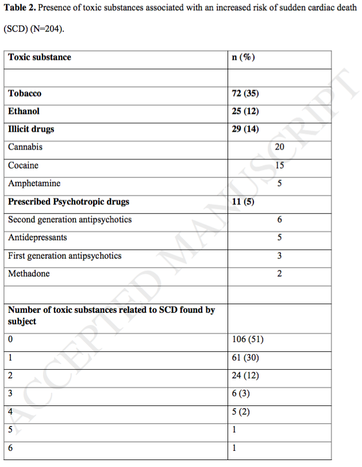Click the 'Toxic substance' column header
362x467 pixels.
(40, 58)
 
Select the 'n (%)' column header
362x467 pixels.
(244, 58)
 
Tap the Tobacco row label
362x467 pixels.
(25, 93)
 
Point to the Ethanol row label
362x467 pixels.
(24, 111)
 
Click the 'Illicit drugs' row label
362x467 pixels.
(31, 129)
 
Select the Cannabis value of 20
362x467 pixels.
(279, 147)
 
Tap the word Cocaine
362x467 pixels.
(24, 166)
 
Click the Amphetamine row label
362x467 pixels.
(34, 183)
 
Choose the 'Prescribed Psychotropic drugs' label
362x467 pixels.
(69, 202)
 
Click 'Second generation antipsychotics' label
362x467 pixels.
(70, 220)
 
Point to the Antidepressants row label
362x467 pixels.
(37, 238)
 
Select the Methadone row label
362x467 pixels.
(29, 274)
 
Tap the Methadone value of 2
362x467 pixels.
(279, 274)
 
